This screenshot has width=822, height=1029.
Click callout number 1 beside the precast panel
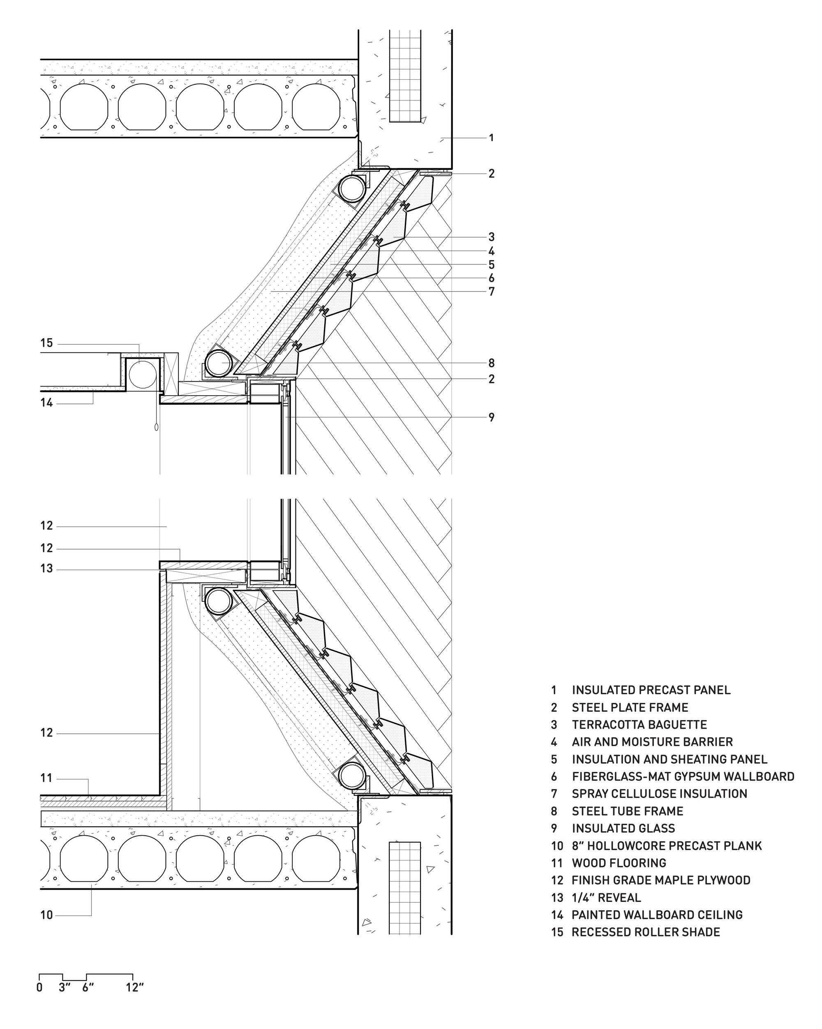tap(492, 138)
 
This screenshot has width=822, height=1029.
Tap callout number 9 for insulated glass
tap(492, 417)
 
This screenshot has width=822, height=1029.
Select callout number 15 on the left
tap(46, 343)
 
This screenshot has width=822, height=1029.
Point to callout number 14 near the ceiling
tap(46, 403)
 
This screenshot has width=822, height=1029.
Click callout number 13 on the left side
tap(46, 569)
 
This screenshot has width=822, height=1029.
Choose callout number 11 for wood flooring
tap(46, 779)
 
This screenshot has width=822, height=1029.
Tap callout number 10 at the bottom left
tap(46, 915)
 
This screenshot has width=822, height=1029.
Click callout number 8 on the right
tap(492, 363)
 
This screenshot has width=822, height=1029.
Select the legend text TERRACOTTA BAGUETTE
tap(639, 725)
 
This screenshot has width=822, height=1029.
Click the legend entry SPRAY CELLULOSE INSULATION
tap(660, 794)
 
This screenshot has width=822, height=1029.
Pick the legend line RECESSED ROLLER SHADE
tap(646, 932)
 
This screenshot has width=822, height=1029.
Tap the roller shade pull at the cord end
tap(157, 425)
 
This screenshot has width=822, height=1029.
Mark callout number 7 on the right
tap(492, 292)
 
